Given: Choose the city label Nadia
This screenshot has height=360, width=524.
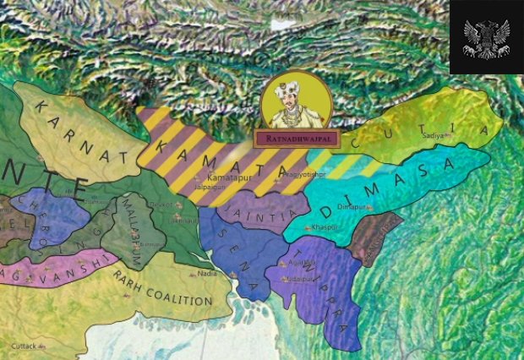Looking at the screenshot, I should point(207,273).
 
